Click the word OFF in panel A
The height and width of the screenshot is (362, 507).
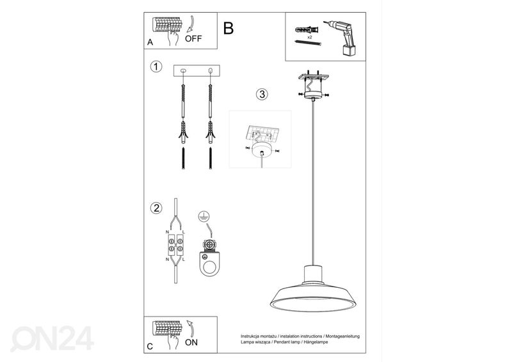[x=193, y=38]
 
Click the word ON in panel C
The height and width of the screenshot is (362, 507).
[x=191, y=342]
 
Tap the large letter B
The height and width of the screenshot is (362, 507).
[x=229, y=28]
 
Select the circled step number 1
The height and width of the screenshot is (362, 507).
[x=155, y=67]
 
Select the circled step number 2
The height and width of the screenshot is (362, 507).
[x=155, y=208]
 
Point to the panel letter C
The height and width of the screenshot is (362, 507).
[x=149, y=346]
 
